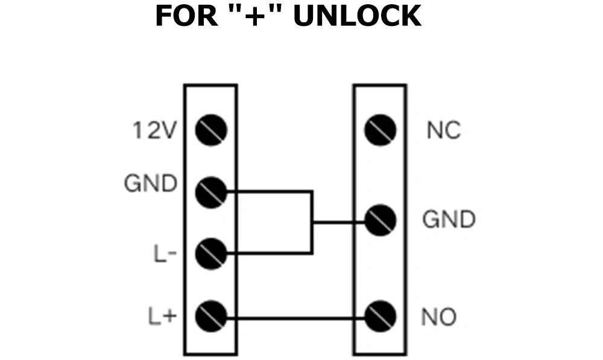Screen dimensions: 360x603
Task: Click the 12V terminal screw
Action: [x=211, y=130]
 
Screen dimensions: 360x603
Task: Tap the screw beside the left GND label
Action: [x=211, y=192]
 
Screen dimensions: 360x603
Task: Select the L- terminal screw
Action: [x=211, y=254]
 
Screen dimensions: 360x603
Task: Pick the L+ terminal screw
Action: [x=211, y=315]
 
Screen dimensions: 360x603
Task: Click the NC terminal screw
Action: [x=380, y=130]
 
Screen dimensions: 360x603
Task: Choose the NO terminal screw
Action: [x=380, y=315]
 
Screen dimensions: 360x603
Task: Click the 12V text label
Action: [x=154, y=130]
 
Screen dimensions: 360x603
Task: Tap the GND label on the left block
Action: [x=151, y=183]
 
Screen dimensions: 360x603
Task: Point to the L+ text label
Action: [x=162, y=315]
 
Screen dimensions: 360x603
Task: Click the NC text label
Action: [x=443, y=130]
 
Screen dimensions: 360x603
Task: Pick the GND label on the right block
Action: [x=449, y=220]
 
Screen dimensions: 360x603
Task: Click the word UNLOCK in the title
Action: [x=357, y=16]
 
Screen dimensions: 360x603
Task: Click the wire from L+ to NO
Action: [x=295, y=316]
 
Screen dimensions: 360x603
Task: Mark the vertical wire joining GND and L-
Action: [x=312, y=223]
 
